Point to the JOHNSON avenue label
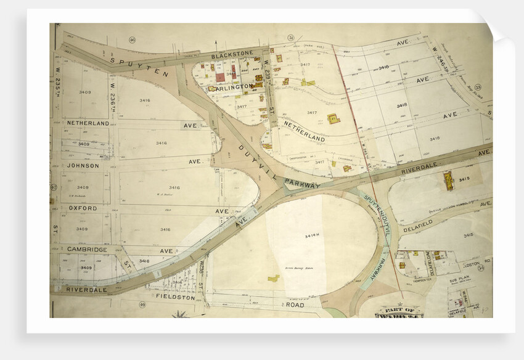point(83,165)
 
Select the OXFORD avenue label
point(83,208)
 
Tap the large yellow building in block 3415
point(448,180)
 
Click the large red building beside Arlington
point(220,78)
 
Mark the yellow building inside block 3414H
point(273,279)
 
